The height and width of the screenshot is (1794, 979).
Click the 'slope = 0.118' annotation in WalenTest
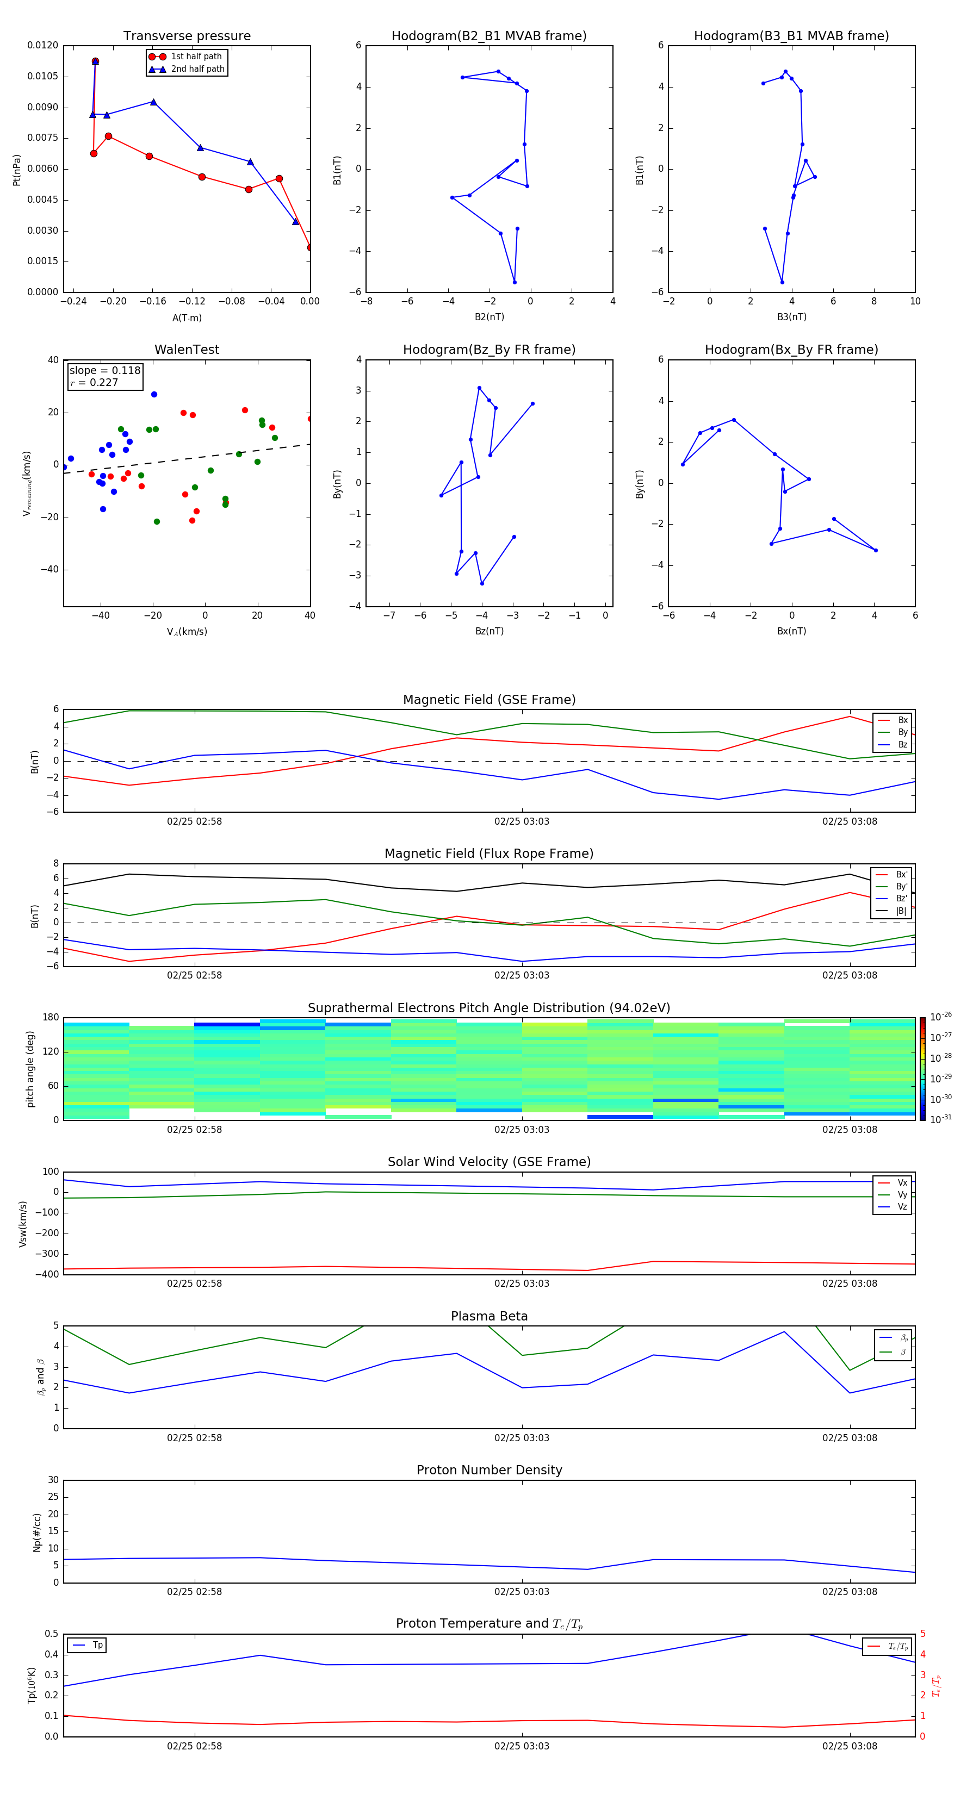pos(104,371)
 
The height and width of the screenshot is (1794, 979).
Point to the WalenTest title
pos(187,350)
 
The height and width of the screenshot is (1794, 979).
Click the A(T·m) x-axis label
pos(187,318)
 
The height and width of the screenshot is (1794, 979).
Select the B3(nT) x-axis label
pos(791,317)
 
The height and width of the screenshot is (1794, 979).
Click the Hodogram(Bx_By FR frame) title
pos(791,350)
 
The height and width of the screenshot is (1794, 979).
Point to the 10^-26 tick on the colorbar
pos(941,1017)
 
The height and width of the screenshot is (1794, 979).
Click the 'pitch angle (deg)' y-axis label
pos(30,1069)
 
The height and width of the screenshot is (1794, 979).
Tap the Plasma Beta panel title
pos(488,1316)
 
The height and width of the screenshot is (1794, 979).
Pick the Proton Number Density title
pos(488,1470)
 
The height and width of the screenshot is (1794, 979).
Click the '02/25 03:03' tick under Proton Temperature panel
pos(521,1746)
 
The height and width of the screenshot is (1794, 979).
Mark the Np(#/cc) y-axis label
pos(38,1532)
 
